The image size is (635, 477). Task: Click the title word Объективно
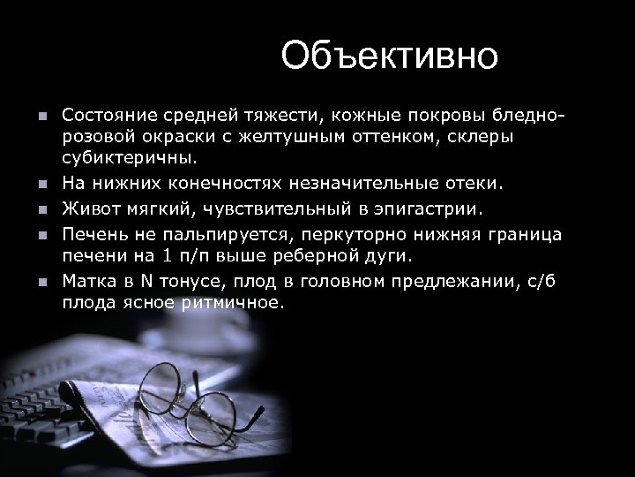coord(390,57)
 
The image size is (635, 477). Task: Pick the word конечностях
coord(215,184)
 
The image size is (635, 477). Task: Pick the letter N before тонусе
coord(149,281)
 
